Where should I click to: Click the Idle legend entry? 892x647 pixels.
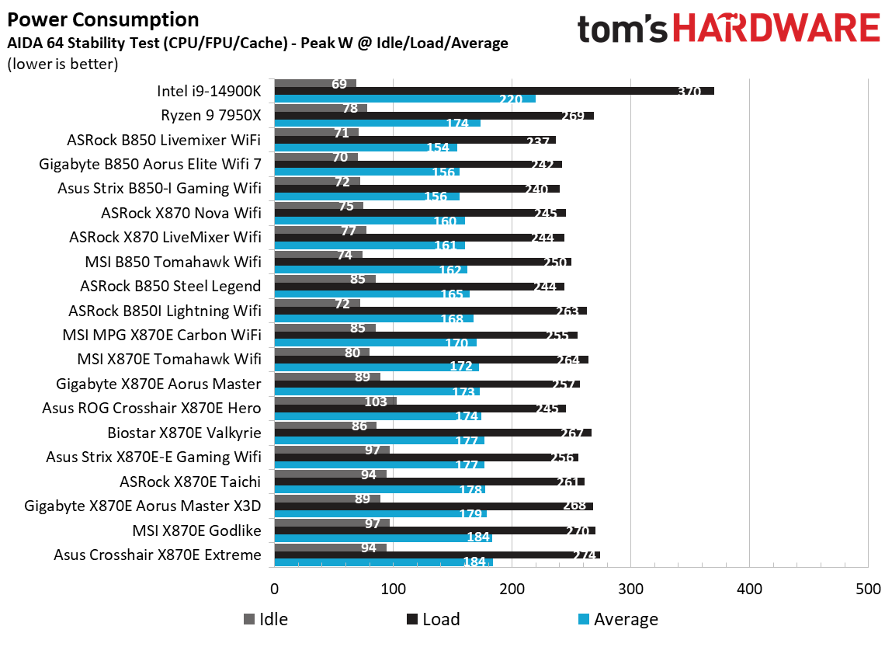click(266, 619)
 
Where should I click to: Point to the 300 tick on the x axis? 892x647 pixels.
click(630, 589)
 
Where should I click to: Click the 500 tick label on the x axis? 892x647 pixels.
click(867, 589)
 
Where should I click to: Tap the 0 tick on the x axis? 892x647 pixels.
click(274, 589)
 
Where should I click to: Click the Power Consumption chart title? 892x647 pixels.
click(102, 19)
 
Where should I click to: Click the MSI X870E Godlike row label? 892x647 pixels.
click(197, 530)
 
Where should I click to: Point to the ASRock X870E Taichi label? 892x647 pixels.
click(190, 482)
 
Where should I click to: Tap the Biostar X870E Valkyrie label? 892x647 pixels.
click(184, 433)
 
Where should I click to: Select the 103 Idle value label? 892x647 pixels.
click(375, 402)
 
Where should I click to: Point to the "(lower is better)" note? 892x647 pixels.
click(63, 64)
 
